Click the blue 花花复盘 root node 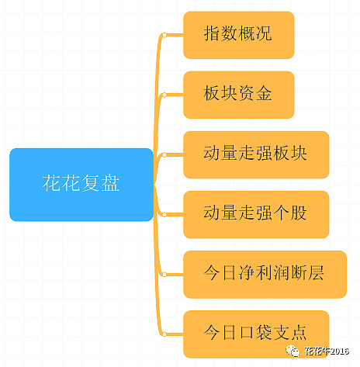pyautogui.click(x=81, y=185)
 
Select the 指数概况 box pyautogui.click(x=239, y=35)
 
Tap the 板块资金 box pyautogui.click(x=239, y=95)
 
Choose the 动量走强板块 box pyautogui.click(x=256, y=154)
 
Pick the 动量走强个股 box pyautogui.click(x=256, y=214)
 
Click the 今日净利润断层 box pyautogui.click(x=265, y=275)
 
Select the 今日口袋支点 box pyautogui.click(x=256, y=334)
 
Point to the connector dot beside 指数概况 pyautogui.click(x=164, y=35)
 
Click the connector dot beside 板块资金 pyautogui.click(x=164, y=95)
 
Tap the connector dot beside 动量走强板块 pyautogui.click(x=164, y=154)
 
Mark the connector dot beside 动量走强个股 pyautogui.click(x=164, y=214)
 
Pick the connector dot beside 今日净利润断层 pyautogui.click(x=164, y=275)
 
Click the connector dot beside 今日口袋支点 pyautogui.click(x=164, y=334)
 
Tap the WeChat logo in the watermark pyautogui.click(x=292, y=351)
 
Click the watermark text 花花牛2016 pyautogui.click(x=327, y=351)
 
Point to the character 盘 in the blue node pyautogui.click(x=110, y=183)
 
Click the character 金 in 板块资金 pyautogui.click(x=264, y=93)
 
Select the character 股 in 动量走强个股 pyautogui.click(x=299, y=213)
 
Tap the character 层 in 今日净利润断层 pyautogui.click(x=317, y=272)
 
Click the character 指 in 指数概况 pyautogui.click(x=212, y=33)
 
